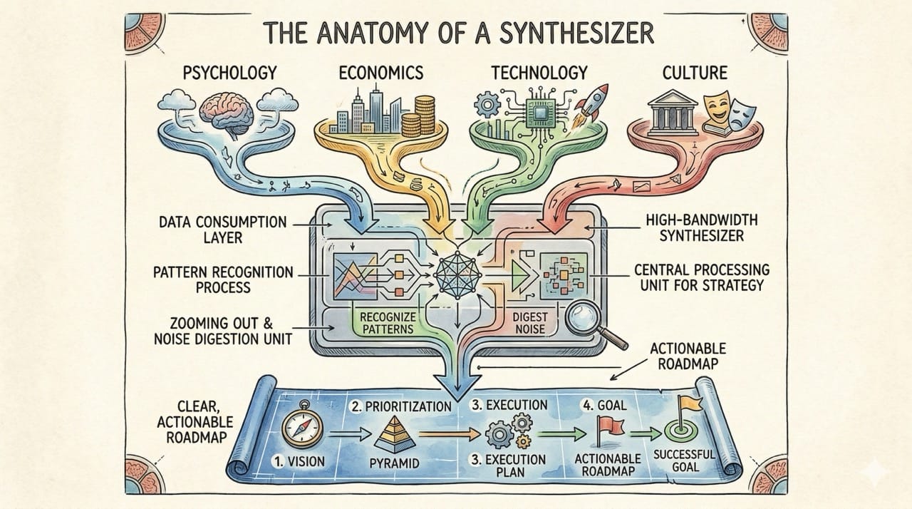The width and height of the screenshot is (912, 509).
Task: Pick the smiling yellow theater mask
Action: click(716, 106)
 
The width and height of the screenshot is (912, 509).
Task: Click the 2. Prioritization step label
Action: click(400, 407)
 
